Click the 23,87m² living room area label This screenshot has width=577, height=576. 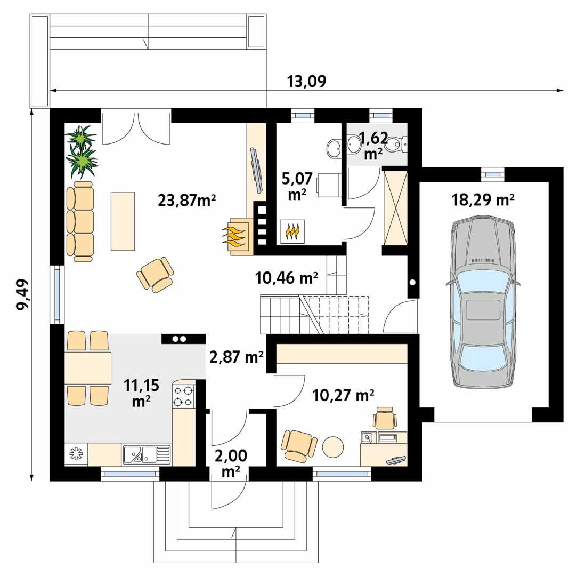186,201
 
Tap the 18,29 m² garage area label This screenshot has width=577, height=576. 483,200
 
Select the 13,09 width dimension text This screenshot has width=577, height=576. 306,82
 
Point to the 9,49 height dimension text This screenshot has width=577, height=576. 23,294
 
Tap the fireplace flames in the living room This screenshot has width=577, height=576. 233,236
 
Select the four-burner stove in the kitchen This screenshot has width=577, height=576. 184,396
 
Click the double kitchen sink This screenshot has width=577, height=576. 147,454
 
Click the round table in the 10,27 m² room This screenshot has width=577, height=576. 333,446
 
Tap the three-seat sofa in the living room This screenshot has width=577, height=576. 80,221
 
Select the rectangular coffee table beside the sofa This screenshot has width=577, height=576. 123,221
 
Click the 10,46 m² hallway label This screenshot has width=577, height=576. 286,278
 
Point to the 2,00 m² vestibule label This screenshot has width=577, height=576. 231,463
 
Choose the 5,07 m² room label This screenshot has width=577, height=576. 297,186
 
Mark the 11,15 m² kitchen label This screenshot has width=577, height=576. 141,393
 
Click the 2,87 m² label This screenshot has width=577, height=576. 236,357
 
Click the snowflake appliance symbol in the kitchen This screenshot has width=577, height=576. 76,454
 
